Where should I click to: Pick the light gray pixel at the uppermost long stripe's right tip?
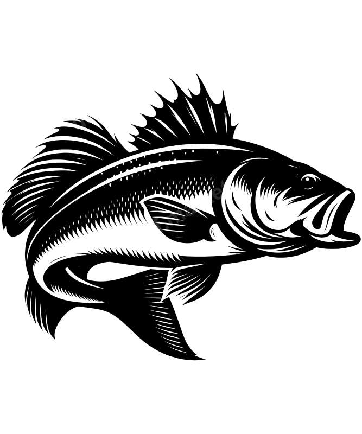pyautogui.click(x=167, y=79)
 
